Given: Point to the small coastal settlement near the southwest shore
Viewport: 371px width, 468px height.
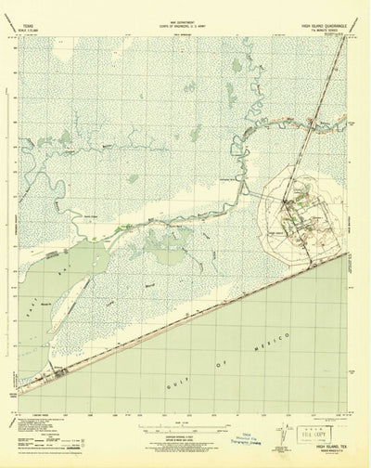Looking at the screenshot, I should tap(60, 374).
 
